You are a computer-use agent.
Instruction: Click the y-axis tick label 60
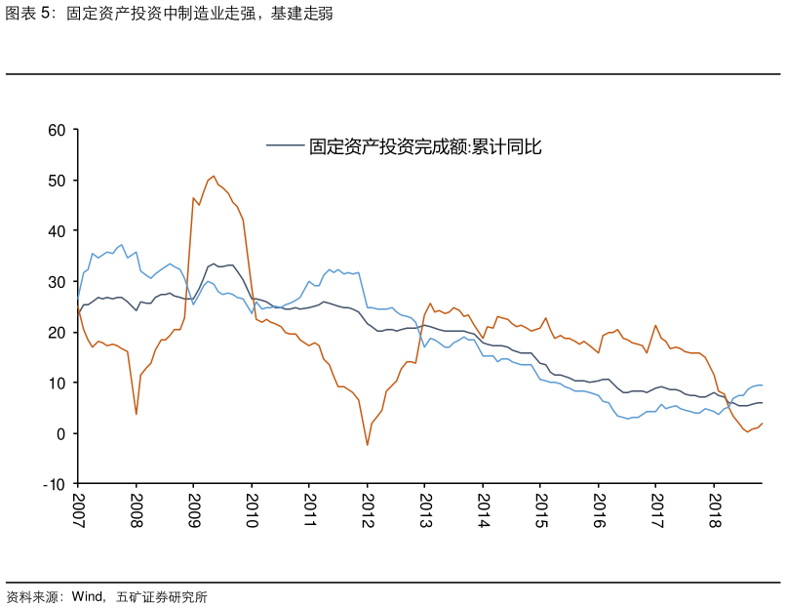(x=57, y=130)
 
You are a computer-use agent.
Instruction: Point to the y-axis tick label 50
(x=57, y=181)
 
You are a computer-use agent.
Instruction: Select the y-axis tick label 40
(x=57, y=231)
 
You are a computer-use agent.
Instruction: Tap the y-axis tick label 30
(x=57, y=282)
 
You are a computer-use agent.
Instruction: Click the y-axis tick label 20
(x=57, y=333)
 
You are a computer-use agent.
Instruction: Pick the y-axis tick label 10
(x=57, y=384)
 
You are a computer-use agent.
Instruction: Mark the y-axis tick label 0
(x=60, y=434)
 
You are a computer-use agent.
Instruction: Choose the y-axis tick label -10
(x=54, y=484)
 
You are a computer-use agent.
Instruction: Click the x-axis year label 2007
(x=78, y=510)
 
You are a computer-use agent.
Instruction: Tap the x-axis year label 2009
(x=193, y=510)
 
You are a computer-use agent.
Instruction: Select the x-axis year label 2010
(x=251, y=510)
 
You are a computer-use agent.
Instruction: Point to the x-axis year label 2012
(x=367, y=510)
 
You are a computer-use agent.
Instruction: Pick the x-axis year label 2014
(x=482, y=510)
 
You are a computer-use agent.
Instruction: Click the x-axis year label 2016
(x=598, y=510)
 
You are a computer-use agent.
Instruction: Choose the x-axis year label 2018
(x=713, y=510)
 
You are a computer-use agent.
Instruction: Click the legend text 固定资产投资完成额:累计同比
(x=425, y=147)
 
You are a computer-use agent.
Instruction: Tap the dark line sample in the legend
(x=285, y=147)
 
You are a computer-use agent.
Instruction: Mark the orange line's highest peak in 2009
(x=214, y=176)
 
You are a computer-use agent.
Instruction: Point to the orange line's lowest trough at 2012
(x=368, y=445)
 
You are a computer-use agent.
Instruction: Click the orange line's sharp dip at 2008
(x=136, y=414)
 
